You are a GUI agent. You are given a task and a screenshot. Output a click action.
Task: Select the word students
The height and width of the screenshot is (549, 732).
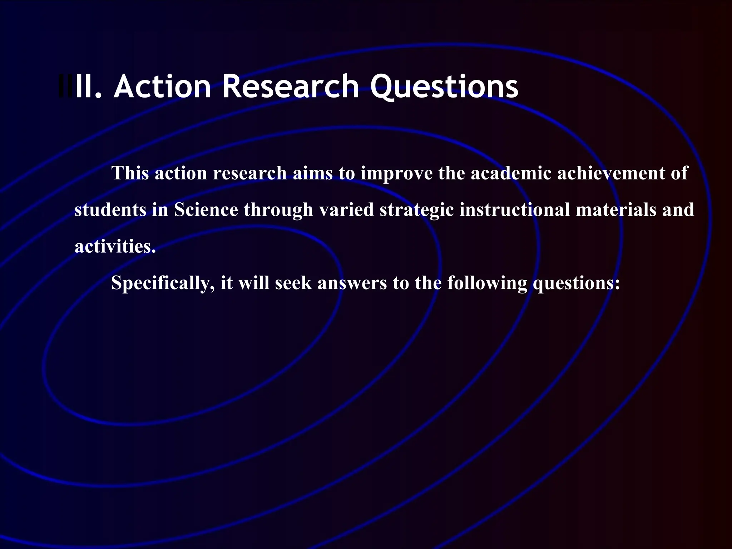coord(110,210)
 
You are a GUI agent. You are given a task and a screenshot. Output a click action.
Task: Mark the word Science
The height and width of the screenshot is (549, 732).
coord(206,210)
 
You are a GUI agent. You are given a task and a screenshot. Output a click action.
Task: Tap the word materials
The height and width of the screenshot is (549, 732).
coord(616,210)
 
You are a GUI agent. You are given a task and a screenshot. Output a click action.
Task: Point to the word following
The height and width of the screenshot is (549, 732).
coord(487,283)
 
